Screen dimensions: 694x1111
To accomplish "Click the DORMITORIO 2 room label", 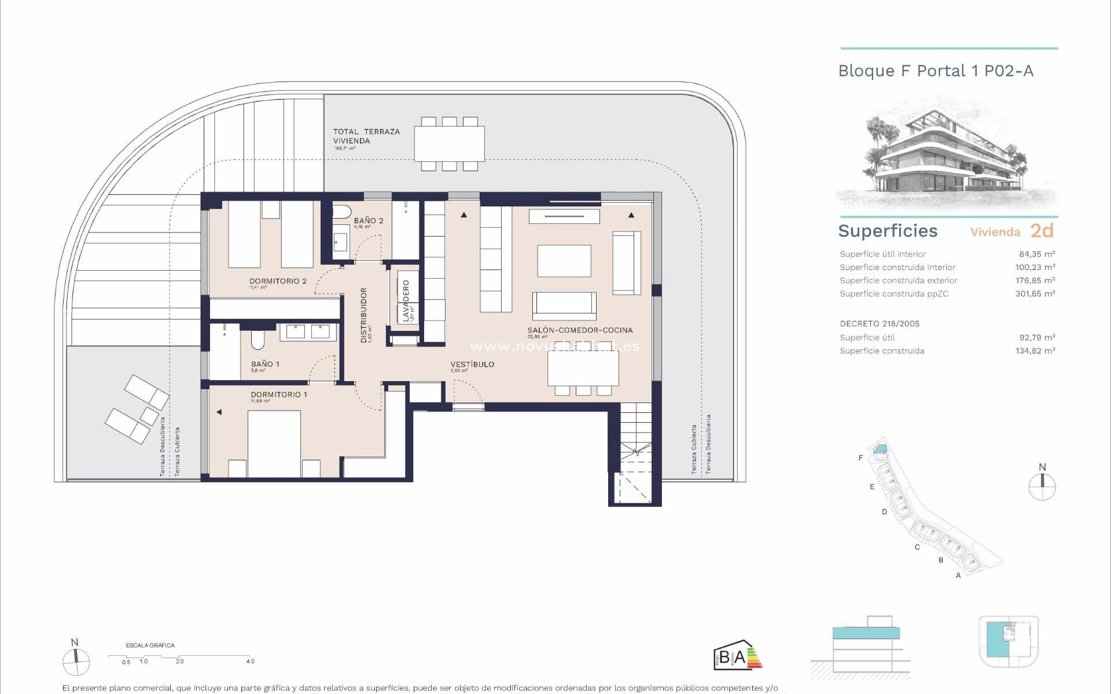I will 278,281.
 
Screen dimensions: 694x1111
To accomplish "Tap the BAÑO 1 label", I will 265,364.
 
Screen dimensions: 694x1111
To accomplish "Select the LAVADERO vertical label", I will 406,301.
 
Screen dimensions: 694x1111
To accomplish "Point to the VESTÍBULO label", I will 472,364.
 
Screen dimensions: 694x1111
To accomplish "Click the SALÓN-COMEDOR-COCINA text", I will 580,330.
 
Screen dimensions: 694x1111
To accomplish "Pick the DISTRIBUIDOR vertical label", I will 364,315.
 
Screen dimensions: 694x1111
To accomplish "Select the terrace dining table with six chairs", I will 449,143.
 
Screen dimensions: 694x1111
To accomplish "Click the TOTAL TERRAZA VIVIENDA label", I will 366,136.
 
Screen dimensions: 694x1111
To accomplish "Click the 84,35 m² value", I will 1037,254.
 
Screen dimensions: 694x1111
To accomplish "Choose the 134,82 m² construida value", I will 1035,351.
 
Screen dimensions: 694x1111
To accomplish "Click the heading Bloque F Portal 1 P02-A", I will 936,71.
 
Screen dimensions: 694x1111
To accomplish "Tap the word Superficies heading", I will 888,231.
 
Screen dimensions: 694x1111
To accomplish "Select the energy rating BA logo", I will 737,656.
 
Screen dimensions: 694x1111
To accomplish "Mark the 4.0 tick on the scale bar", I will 249,661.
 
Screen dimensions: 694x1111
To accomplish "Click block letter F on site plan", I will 860,458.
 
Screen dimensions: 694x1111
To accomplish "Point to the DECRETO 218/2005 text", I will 879,324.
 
